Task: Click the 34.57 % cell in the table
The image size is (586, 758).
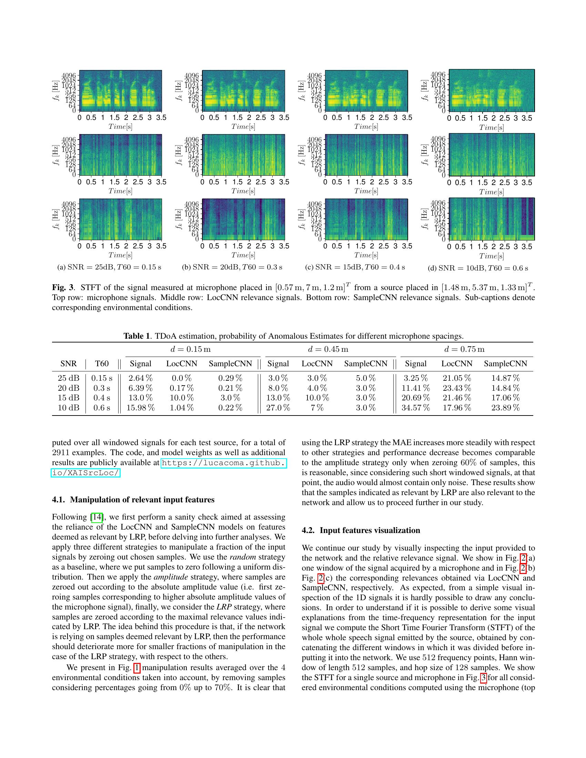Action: pos(416,408)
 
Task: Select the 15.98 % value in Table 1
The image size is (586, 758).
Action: pos(140,408)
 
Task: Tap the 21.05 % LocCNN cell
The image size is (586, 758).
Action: pos(456,378)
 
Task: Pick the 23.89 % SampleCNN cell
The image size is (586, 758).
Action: pos(505,408)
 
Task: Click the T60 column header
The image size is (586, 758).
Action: pos(102,363)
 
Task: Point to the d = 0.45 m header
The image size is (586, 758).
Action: pos(328,349)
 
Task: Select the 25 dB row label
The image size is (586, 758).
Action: pos(68,378)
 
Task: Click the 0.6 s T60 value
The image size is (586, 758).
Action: pos(102,408)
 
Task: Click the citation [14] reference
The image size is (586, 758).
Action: pos(97,517)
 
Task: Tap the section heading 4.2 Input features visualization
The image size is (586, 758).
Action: pos(361,530)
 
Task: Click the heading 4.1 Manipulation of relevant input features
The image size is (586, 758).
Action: pos(133,500)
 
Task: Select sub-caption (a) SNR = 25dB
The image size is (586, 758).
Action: pos(109,267)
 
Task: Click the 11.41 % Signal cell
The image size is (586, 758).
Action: pos(416,388)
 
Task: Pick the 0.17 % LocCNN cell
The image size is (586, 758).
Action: pos(182,388)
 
